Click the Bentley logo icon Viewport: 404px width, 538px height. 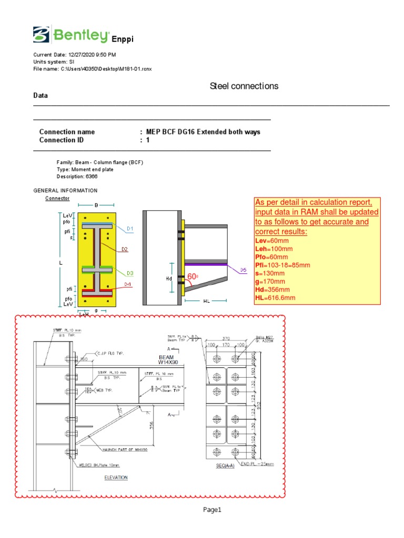click(41, 35)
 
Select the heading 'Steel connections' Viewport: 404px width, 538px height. click(244, 86)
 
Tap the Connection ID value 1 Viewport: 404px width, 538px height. click(148, 140)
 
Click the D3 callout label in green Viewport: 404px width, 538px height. click(129, 273)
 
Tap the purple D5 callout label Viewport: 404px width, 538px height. click(244, 270)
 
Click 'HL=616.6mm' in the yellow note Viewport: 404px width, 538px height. click(275, 298)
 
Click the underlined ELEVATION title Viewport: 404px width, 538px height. click(116, 478)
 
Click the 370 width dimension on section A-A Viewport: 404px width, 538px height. click(226, 339)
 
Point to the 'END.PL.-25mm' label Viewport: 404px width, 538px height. click(258, 464)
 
